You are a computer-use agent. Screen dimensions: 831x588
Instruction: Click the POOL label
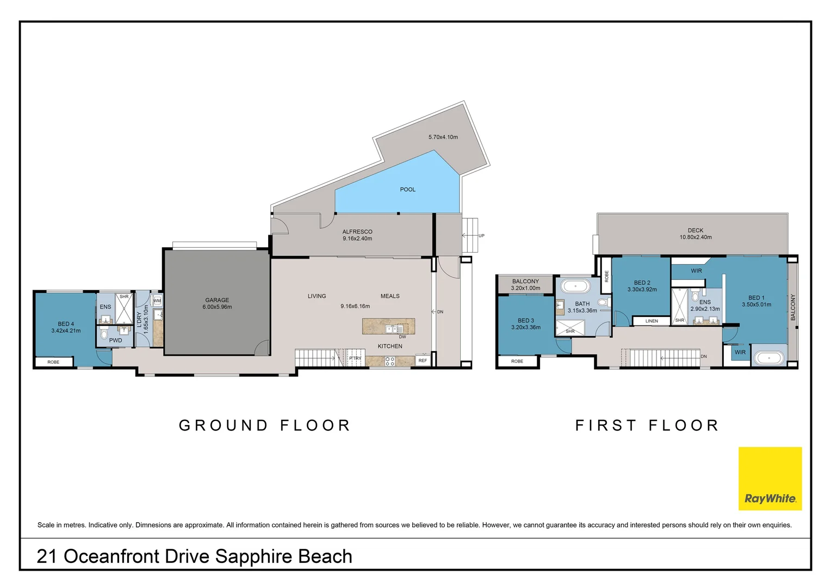pos(407,189)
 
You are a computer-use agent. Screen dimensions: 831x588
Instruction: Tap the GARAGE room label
pos(217,300)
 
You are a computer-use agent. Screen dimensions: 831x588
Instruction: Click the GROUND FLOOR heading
pos(264,425)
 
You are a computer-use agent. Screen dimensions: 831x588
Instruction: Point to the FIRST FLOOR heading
pos(647,425)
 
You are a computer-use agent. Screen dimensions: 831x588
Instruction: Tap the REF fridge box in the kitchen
pos(423,360)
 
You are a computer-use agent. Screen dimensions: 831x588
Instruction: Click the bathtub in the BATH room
pos(575,286)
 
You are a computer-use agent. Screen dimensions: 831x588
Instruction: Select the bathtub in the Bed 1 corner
pos(769,358)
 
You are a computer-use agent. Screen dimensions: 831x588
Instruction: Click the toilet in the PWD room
pos(104,333)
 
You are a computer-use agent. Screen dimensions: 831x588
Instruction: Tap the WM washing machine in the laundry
pos(157,300)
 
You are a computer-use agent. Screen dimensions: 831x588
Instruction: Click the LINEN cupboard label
pos(652,321)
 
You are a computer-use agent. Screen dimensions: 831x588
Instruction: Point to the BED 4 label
pos(66,324)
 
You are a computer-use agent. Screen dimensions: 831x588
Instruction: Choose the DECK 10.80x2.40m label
pos(695,234)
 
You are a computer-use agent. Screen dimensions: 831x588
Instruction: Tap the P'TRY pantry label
pos(355,358)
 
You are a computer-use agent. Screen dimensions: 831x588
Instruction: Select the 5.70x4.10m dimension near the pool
pos(443,137)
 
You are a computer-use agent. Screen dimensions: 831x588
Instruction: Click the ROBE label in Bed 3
pos(517,361)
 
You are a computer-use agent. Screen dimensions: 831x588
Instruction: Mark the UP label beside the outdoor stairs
pos(481,236)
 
